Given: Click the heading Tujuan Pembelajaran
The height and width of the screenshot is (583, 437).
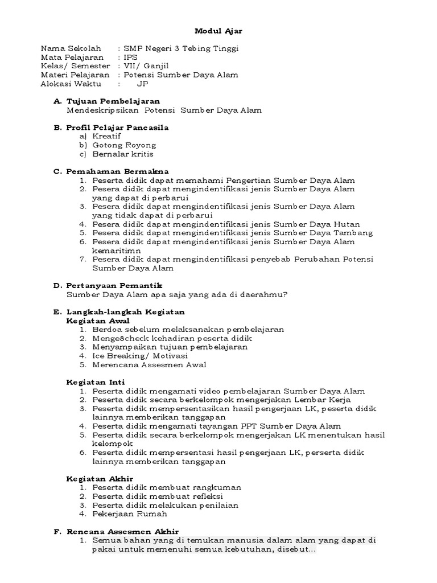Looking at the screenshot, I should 113,101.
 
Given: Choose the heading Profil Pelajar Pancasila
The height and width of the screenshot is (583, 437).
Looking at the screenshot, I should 118,128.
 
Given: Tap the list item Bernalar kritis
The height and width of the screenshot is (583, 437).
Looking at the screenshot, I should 122,154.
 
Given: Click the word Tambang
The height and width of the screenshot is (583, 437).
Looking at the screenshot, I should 353,233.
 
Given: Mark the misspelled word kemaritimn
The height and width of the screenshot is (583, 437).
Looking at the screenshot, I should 116,250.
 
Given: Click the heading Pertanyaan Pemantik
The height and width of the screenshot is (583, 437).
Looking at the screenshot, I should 115,285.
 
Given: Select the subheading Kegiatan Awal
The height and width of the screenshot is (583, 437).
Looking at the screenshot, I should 98,321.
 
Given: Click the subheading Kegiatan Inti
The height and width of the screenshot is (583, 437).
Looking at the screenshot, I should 96,382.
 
